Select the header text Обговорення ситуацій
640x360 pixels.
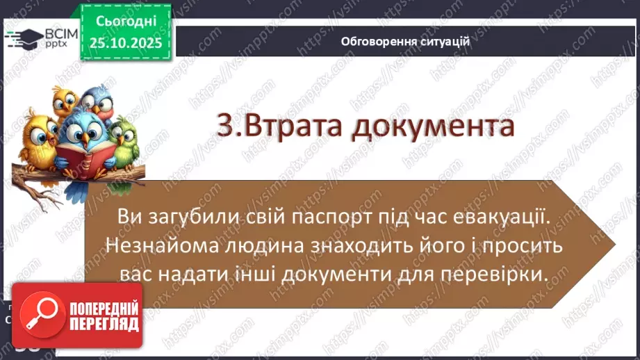(406, 41)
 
